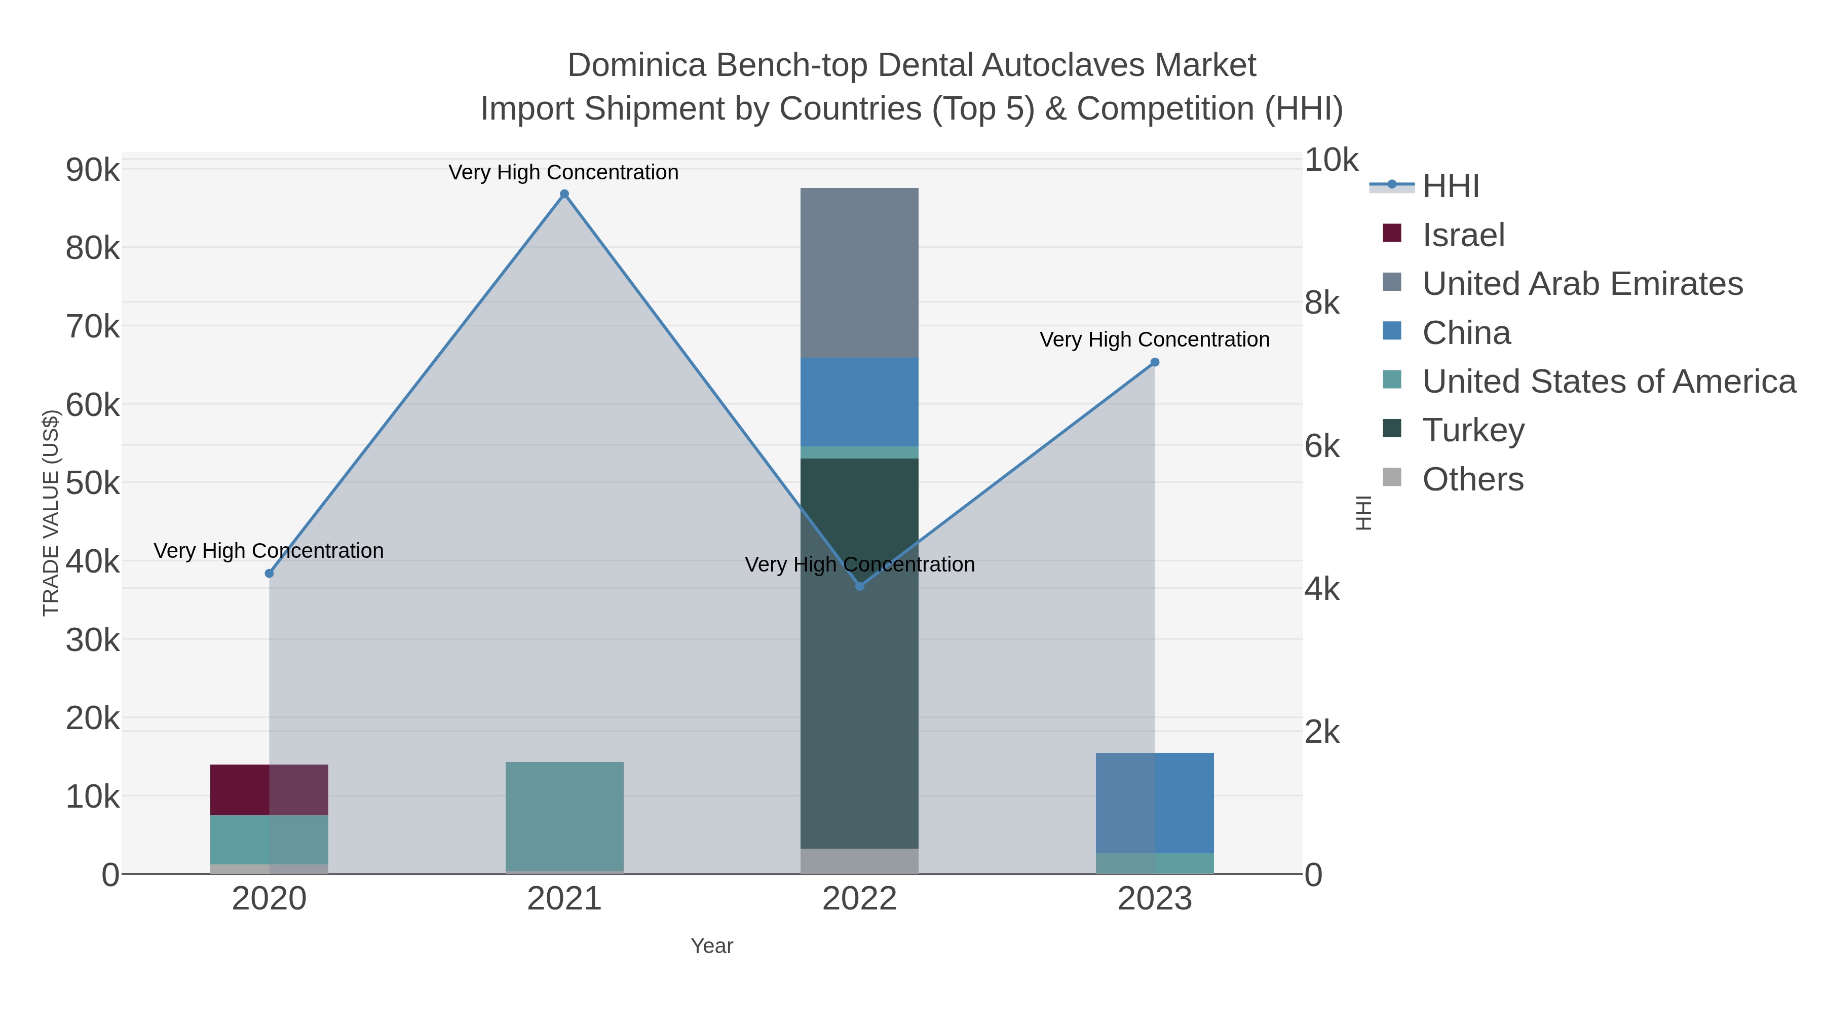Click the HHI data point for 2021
(x=564, y=194)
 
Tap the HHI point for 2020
(x=269, y=573)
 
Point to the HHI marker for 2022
(x=860, y=586)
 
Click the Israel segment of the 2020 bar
(x=269, y=789)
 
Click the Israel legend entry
(x=1463, y=235)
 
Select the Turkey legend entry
(x=1473, y=431)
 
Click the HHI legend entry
(x=1450, y=186)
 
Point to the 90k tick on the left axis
(x=93, y=170)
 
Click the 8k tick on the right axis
(x=1322, y=303)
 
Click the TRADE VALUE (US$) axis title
(x=50, y=513)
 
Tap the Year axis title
(x=712, y=946)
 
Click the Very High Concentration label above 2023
(x=1154, y=340)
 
